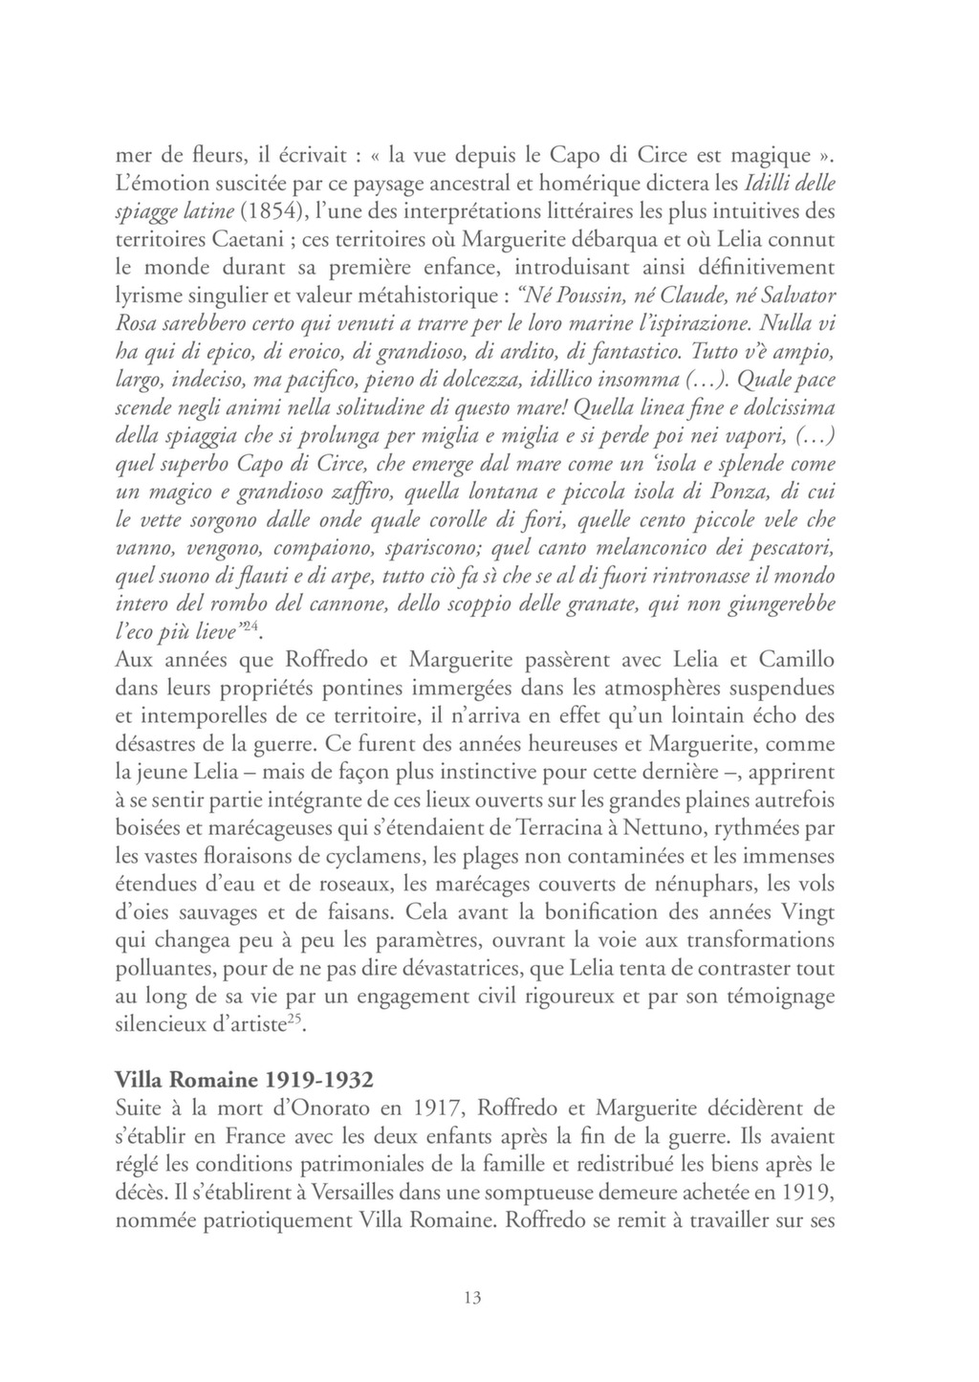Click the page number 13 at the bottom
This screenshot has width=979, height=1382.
[x=470, y=1298]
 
